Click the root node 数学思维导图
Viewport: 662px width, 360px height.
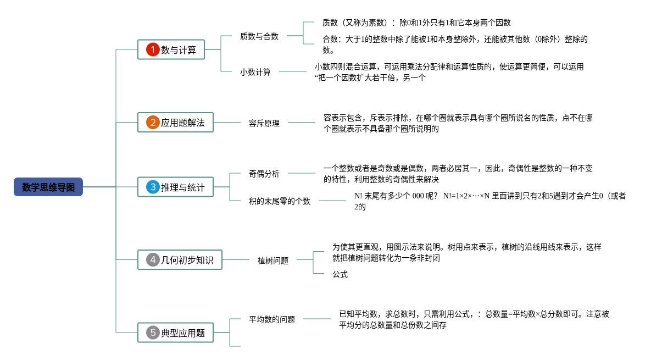coord(48,187)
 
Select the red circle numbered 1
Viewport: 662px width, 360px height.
coord(152,49)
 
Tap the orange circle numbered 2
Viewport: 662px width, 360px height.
coord(152,122)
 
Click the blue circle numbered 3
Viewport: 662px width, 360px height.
coord(152,187)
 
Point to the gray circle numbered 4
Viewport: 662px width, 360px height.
coord(152,259)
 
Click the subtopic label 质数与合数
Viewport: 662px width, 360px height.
coord(259,36)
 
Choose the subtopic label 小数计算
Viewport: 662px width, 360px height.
coord(255,72)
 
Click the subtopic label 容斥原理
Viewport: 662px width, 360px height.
coord(264,123)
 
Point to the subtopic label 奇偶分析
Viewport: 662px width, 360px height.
coord(264,174)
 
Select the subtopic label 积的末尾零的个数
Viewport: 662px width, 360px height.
coord(279,201)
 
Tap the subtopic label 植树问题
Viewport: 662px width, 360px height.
coord(272,261)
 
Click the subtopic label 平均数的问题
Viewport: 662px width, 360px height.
coord(272,319)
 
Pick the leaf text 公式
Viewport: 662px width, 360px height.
coord(340,274)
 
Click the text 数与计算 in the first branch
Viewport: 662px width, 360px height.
coord(179,50)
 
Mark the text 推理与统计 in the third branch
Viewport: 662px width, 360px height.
coord(182,187)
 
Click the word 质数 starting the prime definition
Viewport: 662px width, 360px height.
coord(330,23)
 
